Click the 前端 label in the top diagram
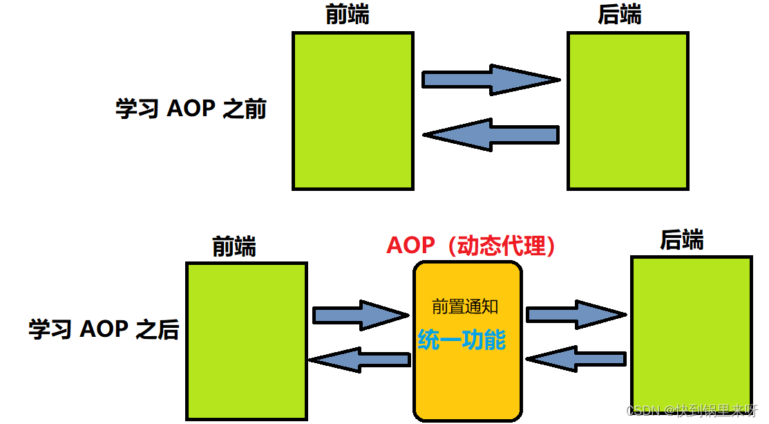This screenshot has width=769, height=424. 347,15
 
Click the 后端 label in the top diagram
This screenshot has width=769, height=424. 620,15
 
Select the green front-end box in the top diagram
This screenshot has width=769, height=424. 353,111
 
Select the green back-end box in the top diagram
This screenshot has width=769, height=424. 627,111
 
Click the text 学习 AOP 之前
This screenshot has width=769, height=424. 191,109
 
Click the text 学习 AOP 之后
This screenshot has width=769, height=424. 104,329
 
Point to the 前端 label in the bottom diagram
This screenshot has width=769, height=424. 234,246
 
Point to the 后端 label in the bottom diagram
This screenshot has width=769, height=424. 681,240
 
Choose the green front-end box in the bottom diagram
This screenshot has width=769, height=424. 247,341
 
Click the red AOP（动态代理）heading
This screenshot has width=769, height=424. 471,246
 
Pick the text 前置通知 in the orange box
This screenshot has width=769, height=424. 465,306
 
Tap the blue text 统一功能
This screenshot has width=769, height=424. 462,340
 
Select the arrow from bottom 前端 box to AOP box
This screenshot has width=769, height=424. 360,315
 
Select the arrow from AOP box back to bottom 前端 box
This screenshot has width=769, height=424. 359,359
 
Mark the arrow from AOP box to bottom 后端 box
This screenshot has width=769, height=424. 576,315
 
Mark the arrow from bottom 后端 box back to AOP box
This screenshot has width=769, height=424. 576,359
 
